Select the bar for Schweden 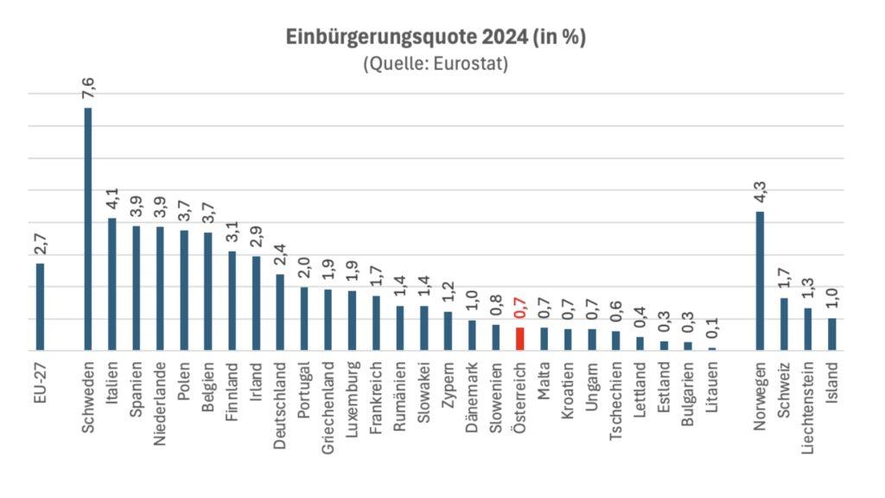coord(87,229)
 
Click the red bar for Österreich coord(519,339)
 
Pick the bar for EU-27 coord(40,307)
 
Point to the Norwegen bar coord(760,281)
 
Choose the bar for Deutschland coord(279,312)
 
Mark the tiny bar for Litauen coord(711,348)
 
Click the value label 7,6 coord(87,90)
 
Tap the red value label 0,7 coord(519,309)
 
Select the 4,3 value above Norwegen coord(760,193)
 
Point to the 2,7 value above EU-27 coord(40,245)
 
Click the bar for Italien coord(111,284)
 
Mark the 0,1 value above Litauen coord(711,329)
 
